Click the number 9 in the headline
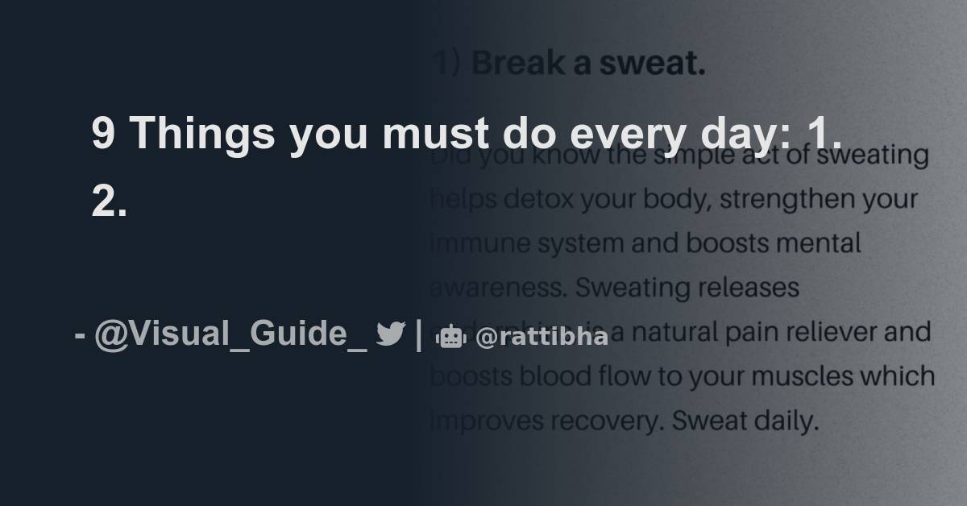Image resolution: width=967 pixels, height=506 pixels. point(102,133)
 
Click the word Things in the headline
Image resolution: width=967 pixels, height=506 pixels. point(201,133)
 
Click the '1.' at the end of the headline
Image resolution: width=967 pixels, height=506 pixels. point(825,133)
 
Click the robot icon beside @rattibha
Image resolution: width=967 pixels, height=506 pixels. point(451,338)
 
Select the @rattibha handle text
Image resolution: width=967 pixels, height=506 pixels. point(542,338)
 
